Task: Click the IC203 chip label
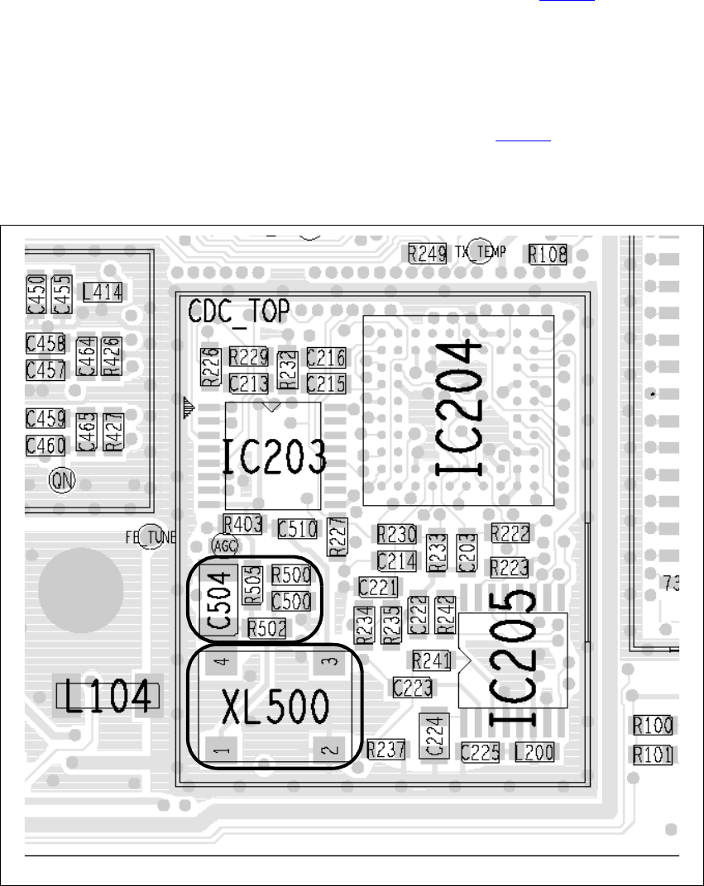click(273, 455)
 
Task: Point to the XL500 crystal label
click(275, 707)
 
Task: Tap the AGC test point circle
click(224, 545)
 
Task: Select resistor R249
click(428, 253)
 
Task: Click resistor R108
click(548, 254)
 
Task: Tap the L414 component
click(103, 292)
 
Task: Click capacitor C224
click(435, 733)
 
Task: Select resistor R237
click(386, 749)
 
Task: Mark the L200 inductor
click(534, 751)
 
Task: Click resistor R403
click(242, 523)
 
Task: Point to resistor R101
click(652, 755)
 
